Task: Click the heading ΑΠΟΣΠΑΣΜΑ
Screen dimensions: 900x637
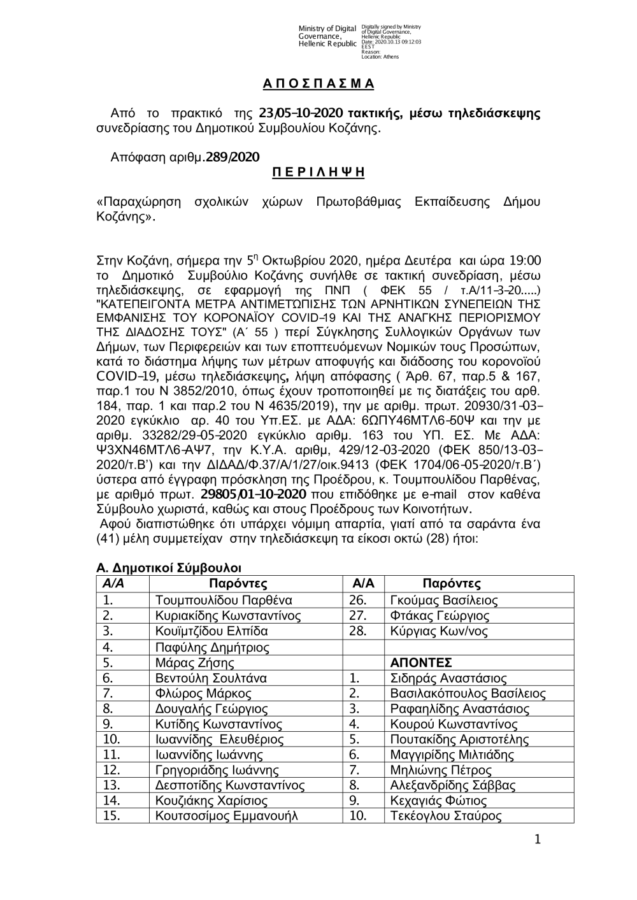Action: (x=318, y=84)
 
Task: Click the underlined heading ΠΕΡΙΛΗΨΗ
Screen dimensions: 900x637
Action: (x=318, y=172)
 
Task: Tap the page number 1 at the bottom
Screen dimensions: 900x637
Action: (x=538, y=840)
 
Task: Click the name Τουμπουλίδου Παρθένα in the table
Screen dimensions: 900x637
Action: (x=224, y=600)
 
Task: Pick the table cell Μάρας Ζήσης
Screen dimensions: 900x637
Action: (x=190, y=662)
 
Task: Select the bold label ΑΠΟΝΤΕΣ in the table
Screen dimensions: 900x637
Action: (x=421, y=662)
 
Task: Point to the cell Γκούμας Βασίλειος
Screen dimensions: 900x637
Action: (x=443, y=600)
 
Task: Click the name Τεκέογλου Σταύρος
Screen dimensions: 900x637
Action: (x=445, y=816)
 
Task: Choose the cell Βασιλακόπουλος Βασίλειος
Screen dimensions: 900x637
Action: (x=468, y=694)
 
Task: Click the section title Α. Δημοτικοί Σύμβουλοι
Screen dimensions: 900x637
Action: (x=169, y=568)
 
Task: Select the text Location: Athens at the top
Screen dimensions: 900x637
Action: (x=380, y=57)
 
